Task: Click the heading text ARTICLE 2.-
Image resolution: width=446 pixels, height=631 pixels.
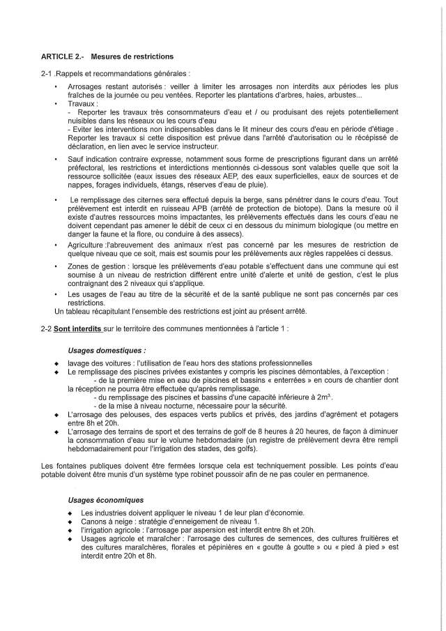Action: tap(62, 55)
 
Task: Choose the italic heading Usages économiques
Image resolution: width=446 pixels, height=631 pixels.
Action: tap(106, 500)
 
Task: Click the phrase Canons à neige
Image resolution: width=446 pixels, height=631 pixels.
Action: tap(96, 522)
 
